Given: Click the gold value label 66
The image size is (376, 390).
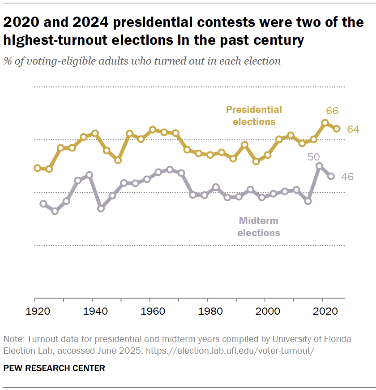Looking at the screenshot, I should coord(332,111).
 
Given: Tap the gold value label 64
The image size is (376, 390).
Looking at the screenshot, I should coord(353,129).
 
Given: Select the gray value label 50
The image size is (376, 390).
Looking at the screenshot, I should coord(313,156).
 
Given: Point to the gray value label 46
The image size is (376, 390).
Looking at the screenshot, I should coord(347,177).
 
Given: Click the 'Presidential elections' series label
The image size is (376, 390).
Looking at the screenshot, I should coord(254,115).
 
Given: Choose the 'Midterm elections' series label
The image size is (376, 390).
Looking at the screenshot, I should coord(259,226).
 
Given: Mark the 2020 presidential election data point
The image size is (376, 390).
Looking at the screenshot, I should coord(325,122).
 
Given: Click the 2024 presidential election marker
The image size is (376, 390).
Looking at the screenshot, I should coord(337,129).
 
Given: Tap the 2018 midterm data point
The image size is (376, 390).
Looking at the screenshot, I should coord(319,166).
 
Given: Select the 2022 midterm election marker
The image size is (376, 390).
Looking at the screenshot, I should coord(331,176).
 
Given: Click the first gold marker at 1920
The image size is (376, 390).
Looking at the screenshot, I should coord(37,168).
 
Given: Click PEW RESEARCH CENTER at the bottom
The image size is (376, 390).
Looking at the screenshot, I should coord(54,368).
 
